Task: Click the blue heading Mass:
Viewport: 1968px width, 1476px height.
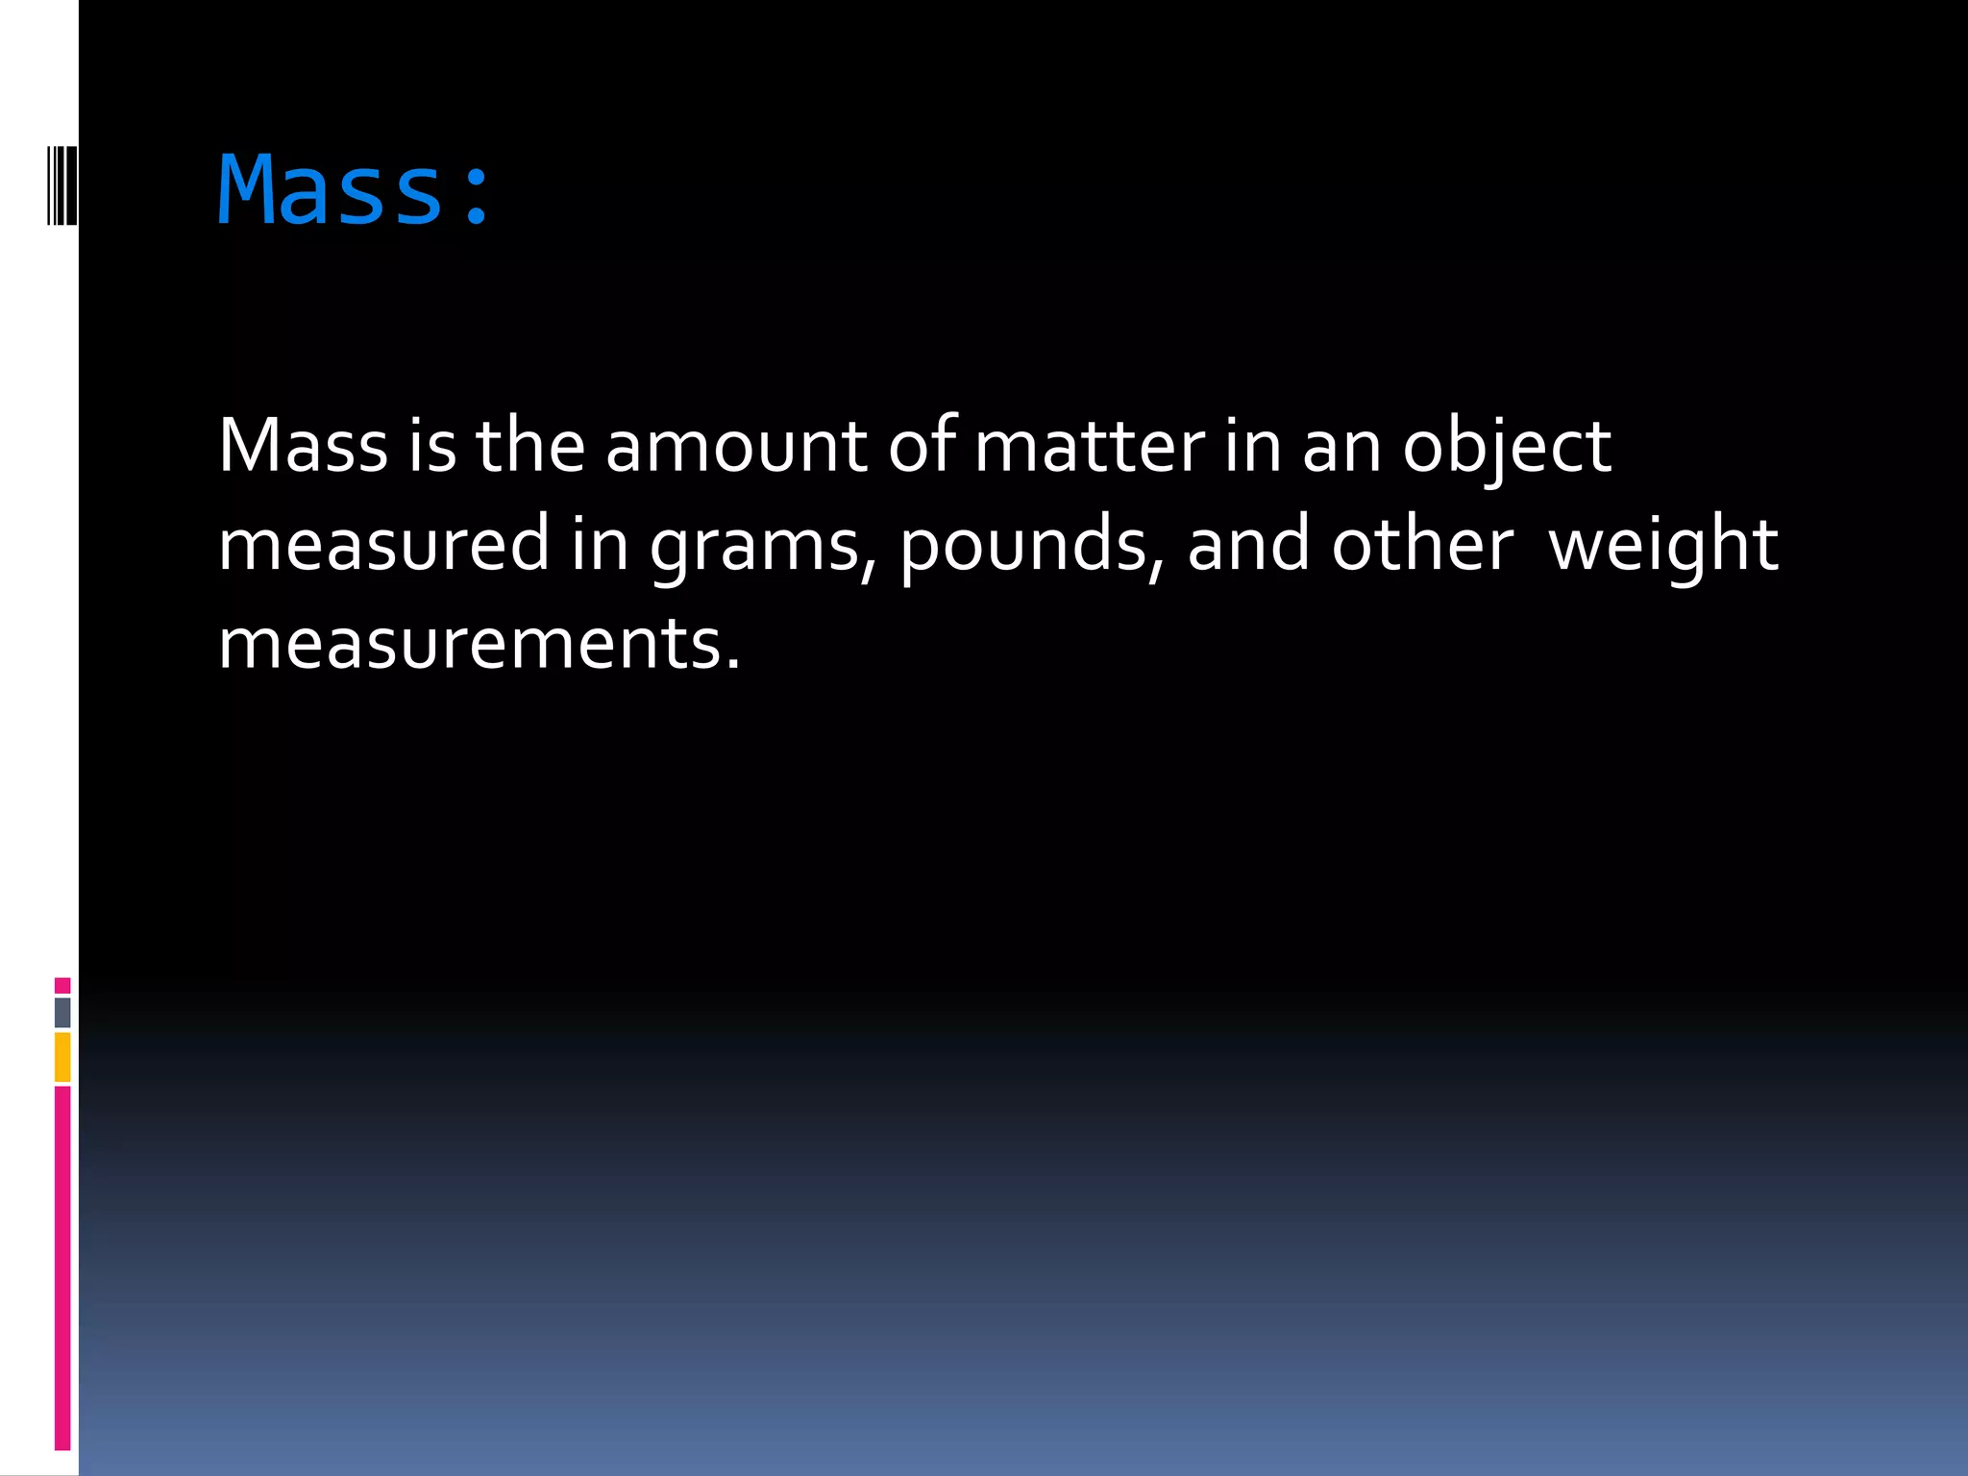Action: click(x=354, y=190)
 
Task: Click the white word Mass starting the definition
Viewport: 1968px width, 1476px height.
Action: click(x=303, y=446)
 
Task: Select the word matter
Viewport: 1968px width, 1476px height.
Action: click(x=1089, y=446)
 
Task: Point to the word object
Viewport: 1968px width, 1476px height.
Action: click(x=1506, y=448)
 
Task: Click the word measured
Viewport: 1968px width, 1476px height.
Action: click(x=383, y=544)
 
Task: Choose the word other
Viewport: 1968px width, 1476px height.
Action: click(x=1422, y=544)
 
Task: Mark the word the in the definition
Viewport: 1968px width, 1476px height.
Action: click(x=530, y=446)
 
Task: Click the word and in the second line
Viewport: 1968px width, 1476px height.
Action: click(x=1248, y=544)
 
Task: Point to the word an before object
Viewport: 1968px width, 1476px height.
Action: click(x=1341, y=448)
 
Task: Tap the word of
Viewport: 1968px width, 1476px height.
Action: click(x=922, y=446)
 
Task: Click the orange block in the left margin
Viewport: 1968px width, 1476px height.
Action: click(x=62, y=1057)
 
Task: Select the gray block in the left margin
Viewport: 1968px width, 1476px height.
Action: click(x=62, y=1012)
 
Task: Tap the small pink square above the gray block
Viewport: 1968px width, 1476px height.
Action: click(x=62, y=985)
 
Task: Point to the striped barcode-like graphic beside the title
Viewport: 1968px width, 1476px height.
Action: click(x=62, y=185)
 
